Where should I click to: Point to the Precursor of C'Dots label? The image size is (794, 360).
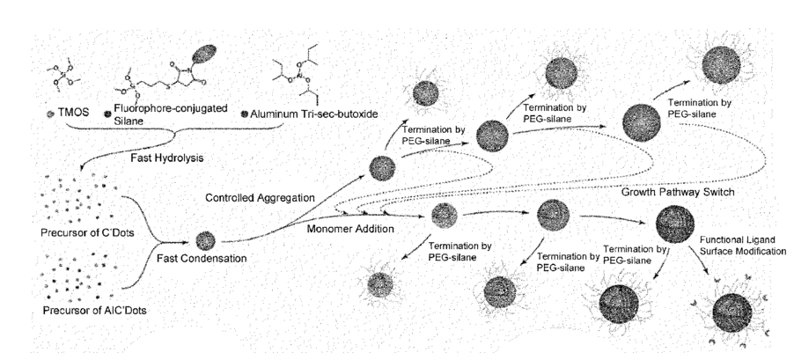tap(80, 232)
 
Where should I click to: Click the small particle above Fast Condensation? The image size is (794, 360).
tap(205, 237)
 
